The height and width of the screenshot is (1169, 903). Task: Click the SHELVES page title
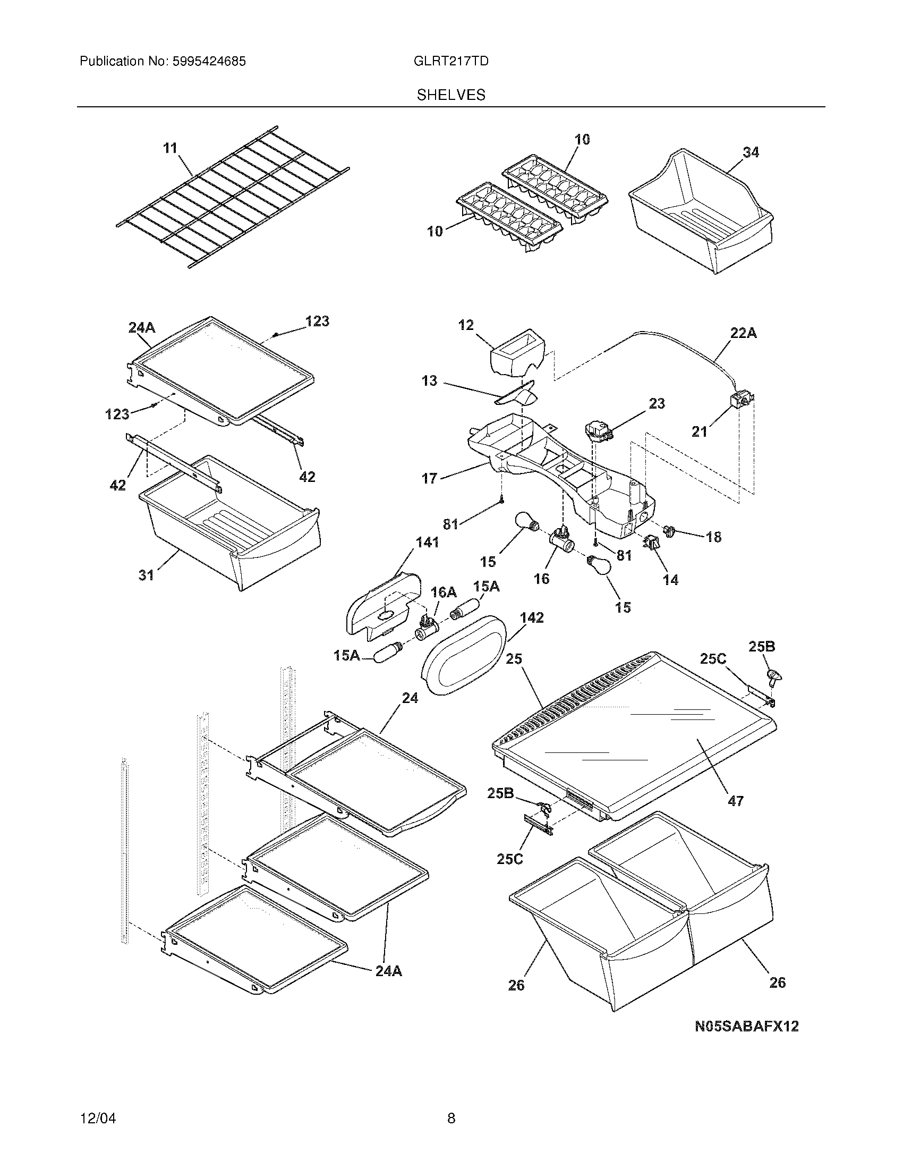point(451,95)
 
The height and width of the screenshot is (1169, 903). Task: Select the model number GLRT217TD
point(451,61)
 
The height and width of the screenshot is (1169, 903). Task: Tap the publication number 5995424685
point(209,61)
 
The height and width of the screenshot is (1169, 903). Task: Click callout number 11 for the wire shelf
point(170,148)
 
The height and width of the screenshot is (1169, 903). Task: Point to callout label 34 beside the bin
point(750,153)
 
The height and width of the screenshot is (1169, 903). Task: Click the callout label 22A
point(743,334)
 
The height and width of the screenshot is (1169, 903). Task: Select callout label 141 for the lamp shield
point(427,542)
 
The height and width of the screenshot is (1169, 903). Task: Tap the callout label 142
point(531,617)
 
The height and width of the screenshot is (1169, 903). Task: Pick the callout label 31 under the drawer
point(146,575)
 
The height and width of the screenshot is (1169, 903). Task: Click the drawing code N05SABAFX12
point(746,1026)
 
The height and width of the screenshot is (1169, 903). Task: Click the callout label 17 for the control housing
point(429,478)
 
